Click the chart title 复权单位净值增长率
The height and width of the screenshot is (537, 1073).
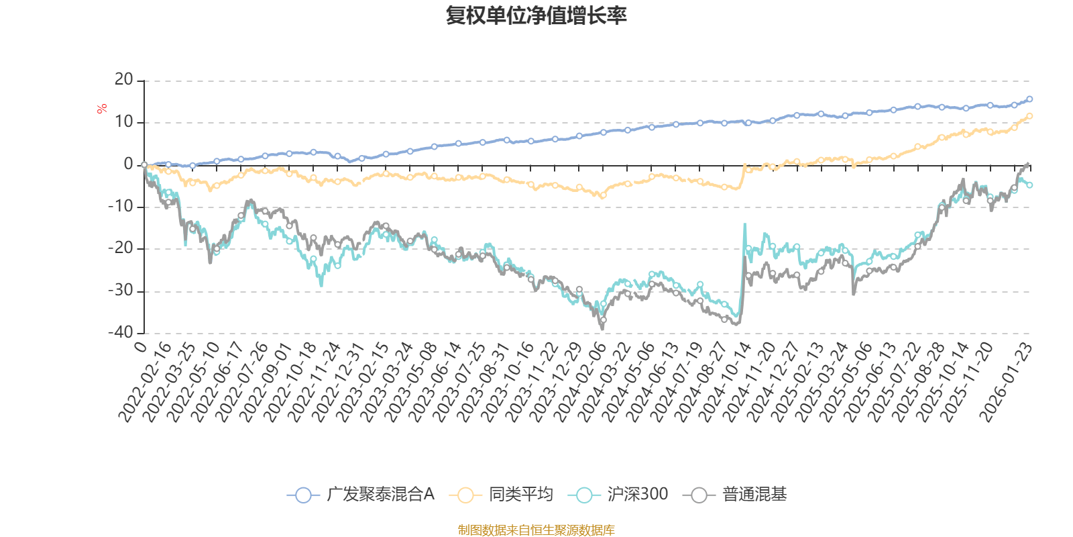pos(536,15)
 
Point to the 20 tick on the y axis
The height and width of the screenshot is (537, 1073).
pos(123,80)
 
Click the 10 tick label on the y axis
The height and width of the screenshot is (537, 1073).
pos(123,122)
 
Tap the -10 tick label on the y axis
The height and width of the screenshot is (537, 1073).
pos(121,207)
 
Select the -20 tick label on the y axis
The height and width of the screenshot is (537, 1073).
pos(121,248)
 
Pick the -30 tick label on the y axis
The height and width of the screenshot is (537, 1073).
pos(121,291)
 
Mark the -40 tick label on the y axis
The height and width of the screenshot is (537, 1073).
pos(121,332)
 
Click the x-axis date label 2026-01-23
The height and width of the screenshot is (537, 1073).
pos(1006,383)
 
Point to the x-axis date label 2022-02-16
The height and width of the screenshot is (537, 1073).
pos(145,383)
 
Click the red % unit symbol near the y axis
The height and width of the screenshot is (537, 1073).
pos(101,109)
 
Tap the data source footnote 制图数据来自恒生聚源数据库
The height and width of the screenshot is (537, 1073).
pos(536,530)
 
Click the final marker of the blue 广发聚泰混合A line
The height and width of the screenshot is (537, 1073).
pos(1029,99)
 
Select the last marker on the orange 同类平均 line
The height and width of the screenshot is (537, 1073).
pos(1029,116)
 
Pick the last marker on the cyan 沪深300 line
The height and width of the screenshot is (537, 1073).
pos(1029,185)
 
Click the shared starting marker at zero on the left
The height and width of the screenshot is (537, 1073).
pos(144,164)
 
